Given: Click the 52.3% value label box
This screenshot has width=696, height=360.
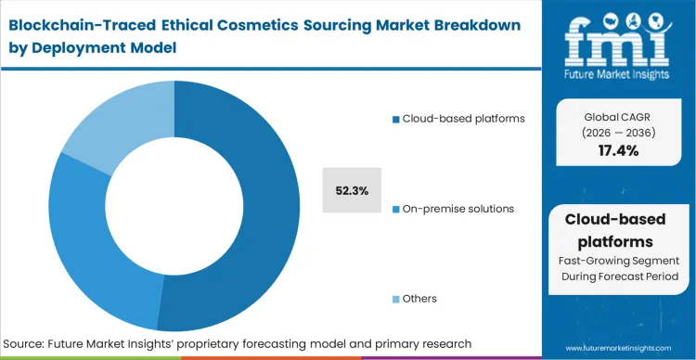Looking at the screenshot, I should click(353, 191).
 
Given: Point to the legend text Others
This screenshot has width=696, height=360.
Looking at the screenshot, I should click(419, 299).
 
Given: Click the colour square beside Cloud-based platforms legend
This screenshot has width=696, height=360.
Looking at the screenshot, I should click(395, 120).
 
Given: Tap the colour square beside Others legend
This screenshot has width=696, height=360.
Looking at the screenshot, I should click(395, 299).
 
